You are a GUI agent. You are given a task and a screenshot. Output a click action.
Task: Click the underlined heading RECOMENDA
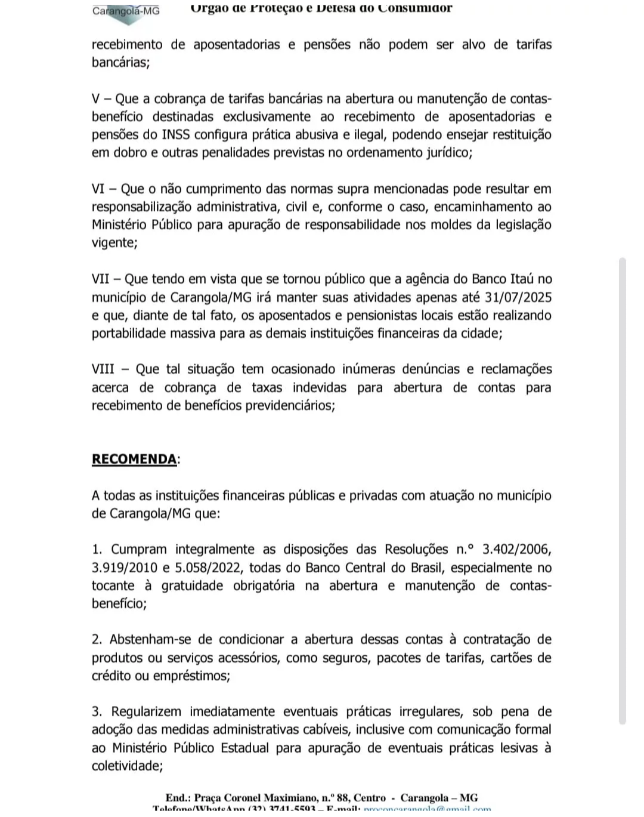(x=134, y=459)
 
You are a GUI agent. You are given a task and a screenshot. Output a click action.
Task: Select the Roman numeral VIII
(x=103, y=369)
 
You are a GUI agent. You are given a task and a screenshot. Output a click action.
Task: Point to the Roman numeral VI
(x=98, y=189)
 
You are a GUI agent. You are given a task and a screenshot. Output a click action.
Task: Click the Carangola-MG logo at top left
(x=126, y=12)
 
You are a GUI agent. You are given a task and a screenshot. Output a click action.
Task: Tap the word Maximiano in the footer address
(x=294, y=797)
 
